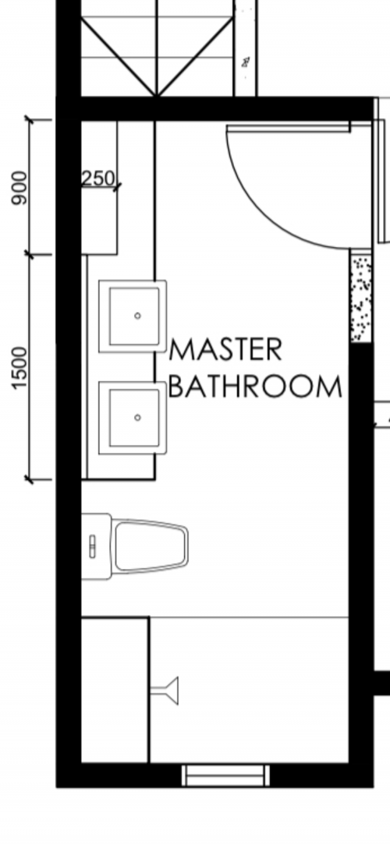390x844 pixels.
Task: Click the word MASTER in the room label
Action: click(x=225, y=351)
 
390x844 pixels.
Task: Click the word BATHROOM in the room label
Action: click(x=255, y=387)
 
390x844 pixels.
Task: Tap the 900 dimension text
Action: click(x=19, y=188)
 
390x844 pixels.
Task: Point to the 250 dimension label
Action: click(x=97, y=178)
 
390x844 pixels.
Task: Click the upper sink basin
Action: click(x=134, y=316)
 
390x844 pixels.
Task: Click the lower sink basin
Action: click(x=134, y=418)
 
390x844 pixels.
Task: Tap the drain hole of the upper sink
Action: click(x=137, y=316)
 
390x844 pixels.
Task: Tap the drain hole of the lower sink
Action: click(x=137, y=418)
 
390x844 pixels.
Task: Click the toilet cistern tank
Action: click(x=97, y=546)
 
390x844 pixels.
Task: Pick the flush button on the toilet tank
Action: click(x=93, y=546)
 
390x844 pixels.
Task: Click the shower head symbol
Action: click(x=166, y=690)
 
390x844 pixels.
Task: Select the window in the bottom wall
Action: click(x=225, y=775)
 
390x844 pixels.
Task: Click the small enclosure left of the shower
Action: click(x=115, y=690)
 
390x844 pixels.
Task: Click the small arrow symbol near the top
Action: click(x=245, y=60)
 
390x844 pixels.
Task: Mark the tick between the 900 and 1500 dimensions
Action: click(x=30, y=255)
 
